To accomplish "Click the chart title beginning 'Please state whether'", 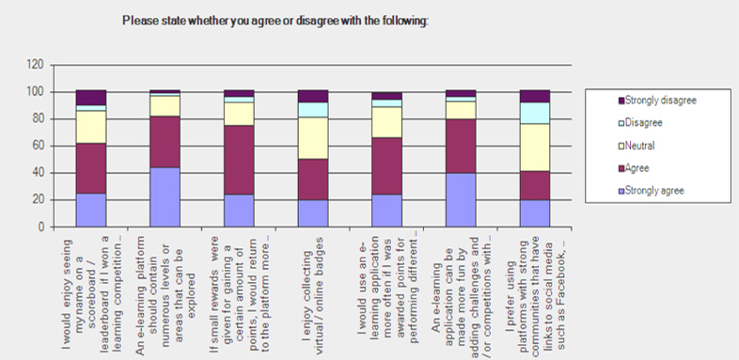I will (x=275, y=20).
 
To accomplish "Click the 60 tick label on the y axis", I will (x=39, y=146).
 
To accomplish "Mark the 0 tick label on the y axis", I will (x=41, y=227).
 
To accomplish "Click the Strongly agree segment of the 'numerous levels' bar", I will (x=165, y=196).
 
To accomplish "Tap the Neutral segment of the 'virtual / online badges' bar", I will (x=312, y=138).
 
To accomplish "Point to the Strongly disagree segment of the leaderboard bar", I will (x=91, y=98).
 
